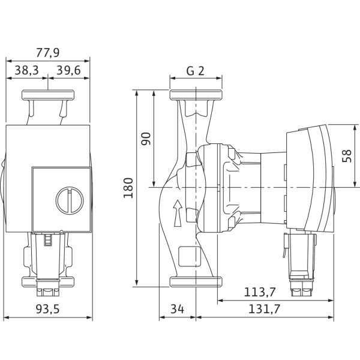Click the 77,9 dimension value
48,53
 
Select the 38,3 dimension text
26,70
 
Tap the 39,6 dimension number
68,70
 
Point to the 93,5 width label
48,309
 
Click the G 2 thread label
196,71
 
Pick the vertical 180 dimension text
128,188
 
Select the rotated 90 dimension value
146,139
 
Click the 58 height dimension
347,156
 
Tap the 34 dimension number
177,309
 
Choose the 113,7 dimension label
259,292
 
